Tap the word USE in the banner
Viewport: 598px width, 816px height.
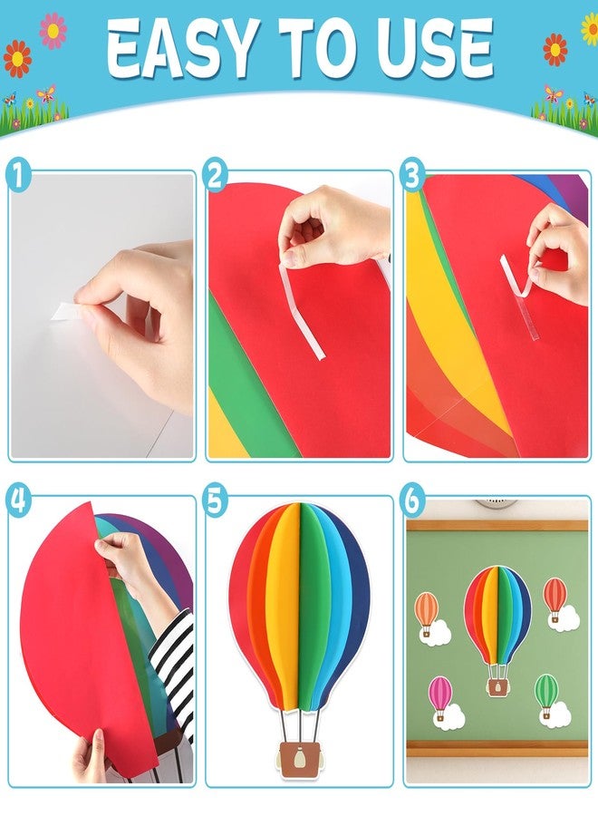tap(435, 48)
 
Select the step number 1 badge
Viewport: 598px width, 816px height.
tap(18, 174)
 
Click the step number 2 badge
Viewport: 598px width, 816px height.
tap(215, 174)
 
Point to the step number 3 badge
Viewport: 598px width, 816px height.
tap(412, 174)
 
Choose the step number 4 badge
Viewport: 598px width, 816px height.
tap(18, 501)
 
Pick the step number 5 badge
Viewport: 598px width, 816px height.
tap(215, 501)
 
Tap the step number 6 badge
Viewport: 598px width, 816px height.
tap(412, 501)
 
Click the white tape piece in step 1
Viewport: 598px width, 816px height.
tap(65, 311)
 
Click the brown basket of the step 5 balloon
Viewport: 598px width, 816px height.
tap(299, 759)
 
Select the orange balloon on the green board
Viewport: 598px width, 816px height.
tap(427, 614)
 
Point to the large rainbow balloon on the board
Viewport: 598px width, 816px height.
tap(497, 630)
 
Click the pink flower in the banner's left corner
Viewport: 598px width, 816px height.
tap(53, 30)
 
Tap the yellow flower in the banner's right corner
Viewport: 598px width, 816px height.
tap(590, 29)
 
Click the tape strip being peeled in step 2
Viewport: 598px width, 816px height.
tap(302, 311)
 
